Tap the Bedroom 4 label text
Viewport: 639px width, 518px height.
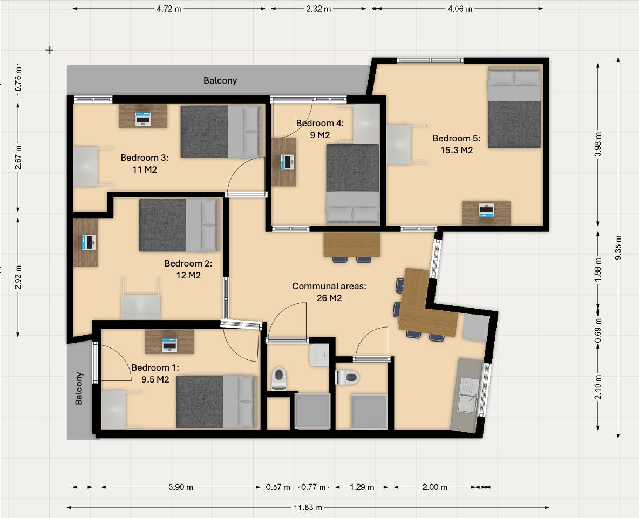point(319,129)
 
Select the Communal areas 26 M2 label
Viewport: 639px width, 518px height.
point(329,292)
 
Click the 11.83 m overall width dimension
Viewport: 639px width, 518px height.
point(308,507)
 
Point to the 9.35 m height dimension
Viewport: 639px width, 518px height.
point(618,248)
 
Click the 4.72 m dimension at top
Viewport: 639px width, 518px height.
point(168,9)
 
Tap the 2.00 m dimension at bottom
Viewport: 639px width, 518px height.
point(434,487)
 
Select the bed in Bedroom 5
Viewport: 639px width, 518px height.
point(514,107)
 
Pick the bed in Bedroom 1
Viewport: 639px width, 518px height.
point(216,401)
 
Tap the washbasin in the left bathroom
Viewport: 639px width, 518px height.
point(319,355)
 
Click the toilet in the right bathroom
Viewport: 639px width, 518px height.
point(347,377)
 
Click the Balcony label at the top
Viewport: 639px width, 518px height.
point(220,81)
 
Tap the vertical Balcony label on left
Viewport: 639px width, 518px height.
point(79,388)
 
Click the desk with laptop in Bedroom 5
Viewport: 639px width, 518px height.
point(486,213)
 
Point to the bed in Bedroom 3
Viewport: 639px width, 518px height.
point(221,132)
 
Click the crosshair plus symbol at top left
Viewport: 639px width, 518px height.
point(49,50)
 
